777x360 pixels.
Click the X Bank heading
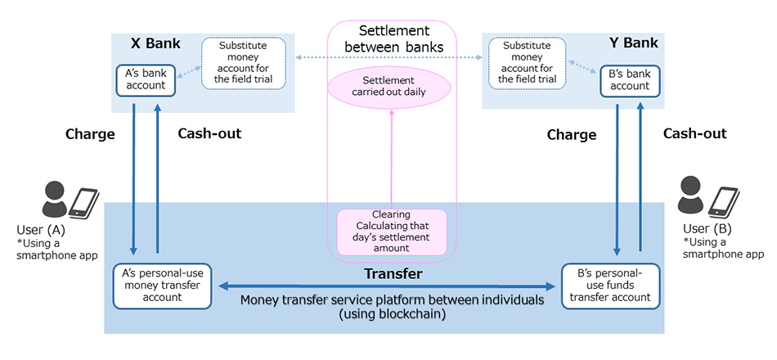click(x=155, y=43)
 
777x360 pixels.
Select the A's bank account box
click(x=145, y=79)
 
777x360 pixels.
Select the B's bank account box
click(x=630, y=79)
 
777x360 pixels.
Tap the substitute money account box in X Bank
click(x=244, y=62)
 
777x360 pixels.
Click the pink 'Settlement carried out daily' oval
click(x=388, y=86)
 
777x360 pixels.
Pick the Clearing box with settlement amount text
click(x=393, y=231)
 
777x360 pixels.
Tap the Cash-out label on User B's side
click(x=694, y=133)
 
